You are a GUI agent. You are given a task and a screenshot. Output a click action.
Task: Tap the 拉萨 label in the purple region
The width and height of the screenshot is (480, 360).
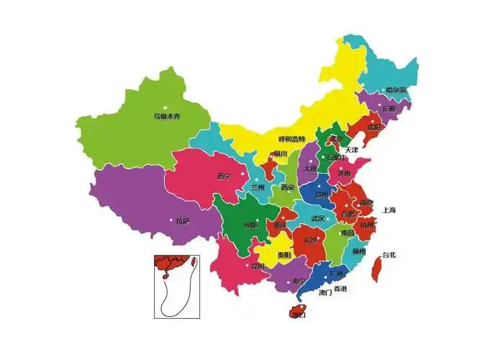(183, 221)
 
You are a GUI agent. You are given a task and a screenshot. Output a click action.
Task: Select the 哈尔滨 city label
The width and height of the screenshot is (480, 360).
(396, 90)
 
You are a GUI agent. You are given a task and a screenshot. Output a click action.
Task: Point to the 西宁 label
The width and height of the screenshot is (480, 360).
(224, 176)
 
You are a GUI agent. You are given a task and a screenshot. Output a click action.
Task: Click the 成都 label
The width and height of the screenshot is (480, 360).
(250, 225)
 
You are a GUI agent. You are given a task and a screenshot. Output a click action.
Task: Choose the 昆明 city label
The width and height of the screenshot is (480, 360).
(257, 266)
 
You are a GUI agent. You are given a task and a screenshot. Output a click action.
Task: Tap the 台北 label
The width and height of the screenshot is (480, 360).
(389, 255)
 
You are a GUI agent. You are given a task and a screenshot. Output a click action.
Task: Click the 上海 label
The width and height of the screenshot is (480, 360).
(389, 210)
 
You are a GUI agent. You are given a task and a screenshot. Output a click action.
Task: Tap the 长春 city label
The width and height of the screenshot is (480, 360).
(389, 109)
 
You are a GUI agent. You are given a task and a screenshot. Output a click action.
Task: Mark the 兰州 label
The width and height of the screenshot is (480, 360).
(258, 187)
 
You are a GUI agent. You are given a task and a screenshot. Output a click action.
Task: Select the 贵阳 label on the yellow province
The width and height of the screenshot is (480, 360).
(284, 255)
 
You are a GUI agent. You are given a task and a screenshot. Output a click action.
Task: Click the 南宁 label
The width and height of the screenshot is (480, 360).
(299, 281)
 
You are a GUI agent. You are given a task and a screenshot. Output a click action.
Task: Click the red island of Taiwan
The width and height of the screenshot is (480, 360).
(375, 269)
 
